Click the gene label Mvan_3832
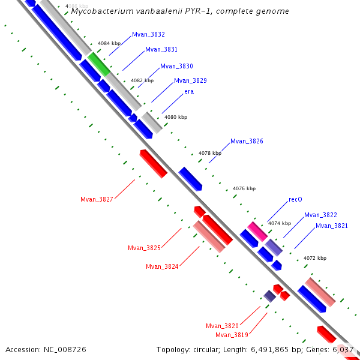click(148, 35)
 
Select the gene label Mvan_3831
click(161, 50)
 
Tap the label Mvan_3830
click(176, 66)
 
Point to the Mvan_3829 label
click(190, 80)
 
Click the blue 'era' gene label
click(189, 91)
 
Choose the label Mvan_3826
click(247, 142)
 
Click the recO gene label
click(295, 199)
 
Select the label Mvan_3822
click(320, 215)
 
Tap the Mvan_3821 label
click(332, 226)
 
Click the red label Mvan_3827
click(97, 199)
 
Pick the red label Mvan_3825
click(144, 248)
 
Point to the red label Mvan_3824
click(162, 266)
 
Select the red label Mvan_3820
click(222, 326)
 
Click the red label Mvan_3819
click(232, 335)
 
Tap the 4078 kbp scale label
click(210, 153)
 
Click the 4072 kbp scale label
click(315, 258)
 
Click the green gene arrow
click(100, 64)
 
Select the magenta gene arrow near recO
click(257, 230)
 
